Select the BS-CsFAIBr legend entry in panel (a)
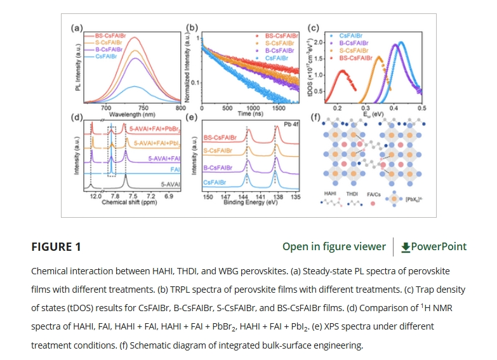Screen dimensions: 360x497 pos(109,36)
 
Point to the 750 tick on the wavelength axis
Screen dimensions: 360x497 pos(143,109)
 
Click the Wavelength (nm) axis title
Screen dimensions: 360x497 pos(132,115)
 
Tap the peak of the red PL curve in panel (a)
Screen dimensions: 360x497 pos(135,38)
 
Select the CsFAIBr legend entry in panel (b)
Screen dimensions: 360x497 pos(279,58)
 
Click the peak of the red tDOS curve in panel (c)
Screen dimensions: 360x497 pos(343,71)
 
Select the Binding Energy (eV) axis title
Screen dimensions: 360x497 pos(251,203)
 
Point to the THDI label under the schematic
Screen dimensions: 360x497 pos(352,194)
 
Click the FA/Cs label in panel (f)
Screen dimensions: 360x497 pos(374,194)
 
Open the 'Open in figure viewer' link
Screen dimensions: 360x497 pos(334,247)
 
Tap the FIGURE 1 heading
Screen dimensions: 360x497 pos(56,247)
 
